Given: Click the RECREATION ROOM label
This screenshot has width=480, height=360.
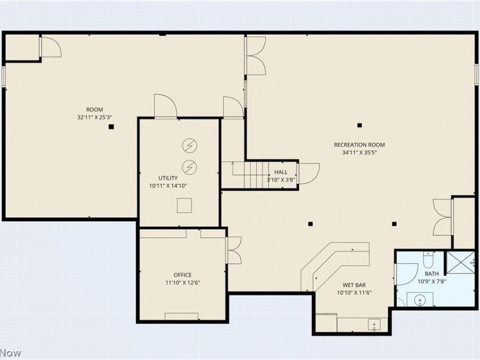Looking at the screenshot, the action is [x=359, y=145].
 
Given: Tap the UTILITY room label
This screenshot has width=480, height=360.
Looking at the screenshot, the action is [x=168, y=178].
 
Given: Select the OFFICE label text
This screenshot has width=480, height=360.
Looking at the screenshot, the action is [x=182, y=275].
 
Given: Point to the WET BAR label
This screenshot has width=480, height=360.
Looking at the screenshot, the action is [x=354, y=285].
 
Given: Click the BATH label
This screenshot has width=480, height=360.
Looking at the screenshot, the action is [x=431, y=274].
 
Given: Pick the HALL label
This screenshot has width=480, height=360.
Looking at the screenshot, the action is [x=281, y=172].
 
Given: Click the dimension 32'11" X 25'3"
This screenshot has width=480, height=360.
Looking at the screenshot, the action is [x=95, y=117].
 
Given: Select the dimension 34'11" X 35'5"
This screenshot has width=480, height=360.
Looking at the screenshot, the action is [x=359, y=152].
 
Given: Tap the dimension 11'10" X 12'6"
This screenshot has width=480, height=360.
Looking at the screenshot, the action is [x=182, y=283].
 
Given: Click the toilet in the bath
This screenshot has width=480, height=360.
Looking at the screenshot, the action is [x=428, y=259].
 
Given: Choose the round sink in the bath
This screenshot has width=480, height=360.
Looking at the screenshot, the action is [x=419, y=301].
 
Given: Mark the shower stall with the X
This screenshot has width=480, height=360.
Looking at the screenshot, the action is [x=460, y=262].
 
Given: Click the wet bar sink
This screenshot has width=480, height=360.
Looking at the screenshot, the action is [x=374, y=325].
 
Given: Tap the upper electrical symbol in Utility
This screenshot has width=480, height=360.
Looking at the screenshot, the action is [x=190, y=145].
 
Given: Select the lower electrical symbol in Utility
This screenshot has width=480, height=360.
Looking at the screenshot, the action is [x=190, y=167].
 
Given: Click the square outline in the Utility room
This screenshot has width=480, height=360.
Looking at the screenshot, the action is [x=184, y=205].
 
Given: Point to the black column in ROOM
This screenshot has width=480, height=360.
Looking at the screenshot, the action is [x=111, y=127].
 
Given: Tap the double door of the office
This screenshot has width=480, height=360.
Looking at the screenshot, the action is [x=234, y=250].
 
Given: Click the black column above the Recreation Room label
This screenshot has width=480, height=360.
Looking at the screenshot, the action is [x=359, y=125].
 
